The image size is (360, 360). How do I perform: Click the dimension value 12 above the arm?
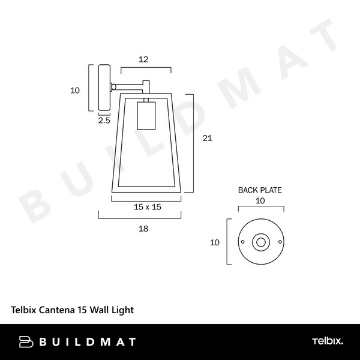tap(143, 59)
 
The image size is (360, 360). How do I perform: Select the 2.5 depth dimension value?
tap(104, 121)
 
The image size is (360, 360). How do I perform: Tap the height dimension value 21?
tap(208, 138)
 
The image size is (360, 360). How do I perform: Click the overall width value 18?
tap(143, 229)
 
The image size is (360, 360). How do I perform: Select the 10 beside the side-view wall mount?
tap(75, 91)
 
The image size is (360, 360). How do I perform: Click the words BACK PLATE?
tap(260, 190)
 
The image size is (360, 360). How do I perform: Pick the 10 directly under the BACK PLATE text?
tap(260, 202)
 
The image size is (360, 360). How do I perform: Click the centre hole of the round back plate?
tap(260, 242)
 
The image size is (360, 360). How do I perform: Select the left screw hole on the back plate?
tap(242, 242)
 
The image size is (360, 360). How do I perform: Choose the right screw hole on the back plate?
tap(278, 242)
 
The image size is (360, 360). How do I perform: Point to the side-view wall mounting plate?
tap(104, 88)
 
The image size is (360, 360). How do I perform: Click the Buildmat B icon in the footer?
tap(26, 342)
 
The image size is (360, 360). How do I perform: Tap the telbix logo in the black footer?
tap(327, 341)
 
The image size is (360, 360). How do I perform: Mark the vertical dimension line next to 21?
tap(193, 143)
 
